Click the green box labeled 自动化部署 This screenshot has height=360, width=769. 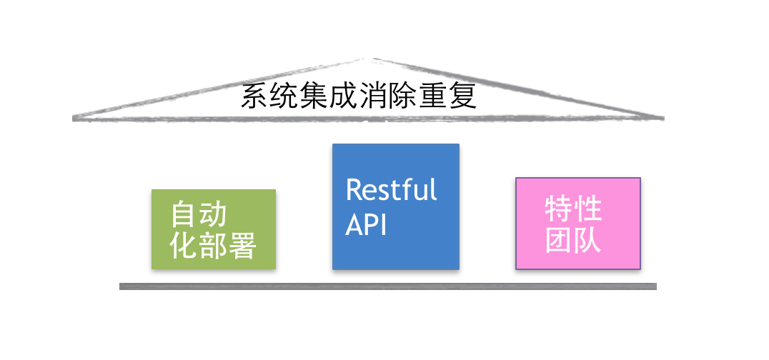[x=213, y=229]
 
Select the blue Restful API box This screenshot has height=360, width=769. [x=395, y=206]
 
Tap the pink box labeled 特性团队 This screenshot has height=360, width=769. [x=577, y=223]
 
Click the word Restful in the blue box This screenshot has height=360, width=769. [x=391, y=191]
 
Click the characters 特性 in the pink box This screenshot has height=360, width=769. [x=573, y=209]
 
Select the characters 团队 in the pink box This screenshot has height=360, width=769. [x=573, y=240]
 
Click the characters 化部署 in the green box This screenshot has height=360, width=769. [x=213, y=246]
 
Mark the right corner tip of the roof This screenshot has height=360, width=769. [x=662, y=118]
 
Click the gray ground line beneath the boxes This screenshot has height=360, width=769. [x=387, y=286]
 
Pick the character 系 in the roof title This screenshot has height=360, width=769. [x=254, y=96]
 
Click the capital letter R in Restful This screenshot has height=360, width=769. [x=354, y=191]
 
